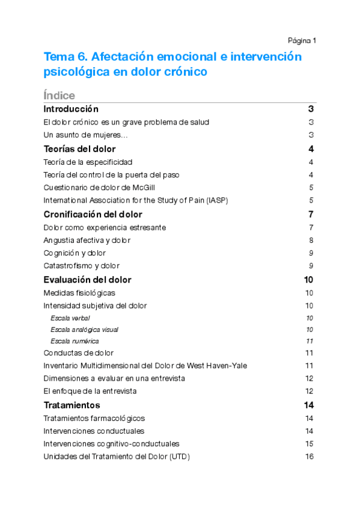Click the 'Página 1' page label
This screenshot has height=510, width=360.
click(302, 40)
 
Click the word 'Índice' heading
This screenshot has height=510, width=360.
click(59, 96)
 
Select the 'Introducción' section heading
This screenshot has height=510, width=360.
click(71, 109)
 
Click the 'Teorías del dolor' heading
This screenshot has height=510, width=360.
click(79, 149)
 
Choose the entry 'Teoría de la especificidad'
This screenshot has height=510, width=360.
click(88, 162)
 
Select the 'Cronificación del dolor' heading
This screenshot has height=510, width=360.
click(93, 215)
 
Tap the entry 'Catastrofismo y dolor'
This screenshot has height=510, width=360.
click(81, 266)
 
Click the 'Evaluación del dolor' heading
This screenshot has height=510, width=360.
click(87, 280)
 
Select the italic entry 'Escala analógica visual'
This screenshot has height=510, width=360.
click(84, 330)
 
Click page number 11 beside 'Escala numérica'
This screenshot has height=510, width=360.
click(310, 341)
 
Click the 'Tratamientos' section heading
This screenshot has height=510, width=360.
click(72, 405)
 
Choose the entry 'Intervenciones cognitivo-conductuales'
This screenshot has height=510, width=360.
click(111, 444)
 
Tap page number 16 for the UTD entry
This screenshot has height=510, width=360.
click(310, 456)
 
